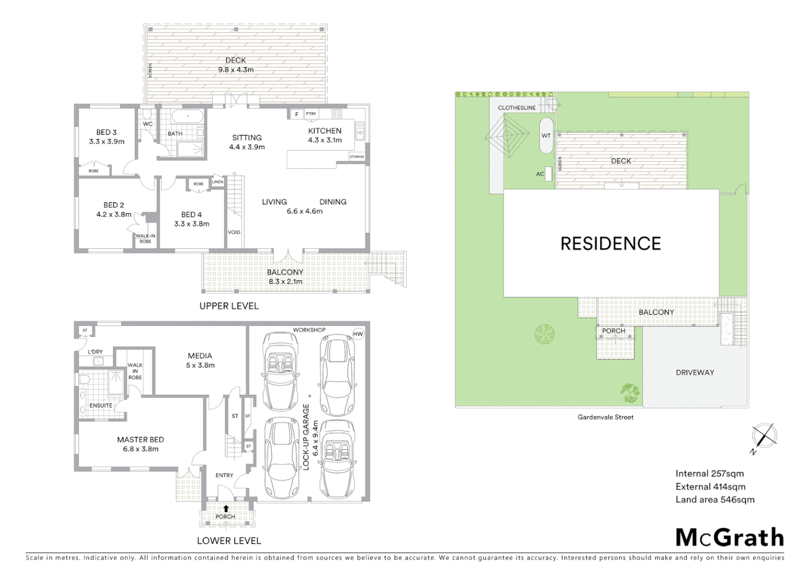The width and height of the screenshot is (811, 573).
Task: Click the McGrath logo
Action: (730, 537)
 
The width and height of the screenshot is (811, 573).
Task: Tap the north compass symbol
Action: (764, 436)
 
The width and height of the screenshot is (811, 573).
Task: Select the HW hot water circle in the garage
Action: (359, 334)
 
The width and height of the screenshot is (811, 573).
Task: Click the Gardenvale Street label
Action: (606, 417)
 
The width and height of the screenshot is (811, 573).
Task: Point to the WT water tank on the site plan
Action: (546, 136)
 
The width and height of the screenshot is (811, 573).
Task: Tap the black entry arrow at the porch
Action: (226, 508)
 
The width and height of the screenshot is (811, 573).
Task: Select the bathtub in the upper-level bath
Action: (186, 116)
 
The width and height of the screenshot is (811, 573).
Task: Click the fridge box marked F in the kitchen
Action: (296, 114)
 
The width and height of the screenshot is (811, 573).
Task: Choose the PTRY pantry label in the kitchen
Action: (311, 114)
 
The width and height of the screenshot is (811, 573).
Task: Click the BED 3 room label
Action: (106, 132)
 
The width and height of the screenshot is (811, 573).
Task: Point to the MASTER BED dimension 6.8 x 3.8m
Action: (141, 449)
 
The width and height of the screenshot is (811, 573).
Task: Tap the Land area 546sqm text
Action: (714, 499)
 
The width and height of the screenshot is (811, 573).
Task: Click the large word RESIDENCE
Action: (610, 244)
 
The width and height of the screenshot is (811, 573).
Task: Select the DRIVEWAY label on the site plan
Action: (695, 372)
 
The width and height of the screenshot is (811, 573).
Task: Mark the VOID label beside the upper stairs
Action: (234, 232)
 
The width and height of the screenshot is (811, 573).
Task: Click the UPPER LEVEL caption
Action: (229, 306)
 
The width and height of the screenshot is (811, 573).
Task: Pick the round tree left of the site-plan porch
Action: (545, 335)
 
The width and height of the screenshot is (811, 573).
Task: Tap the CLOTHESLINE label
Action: (516, 108)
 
